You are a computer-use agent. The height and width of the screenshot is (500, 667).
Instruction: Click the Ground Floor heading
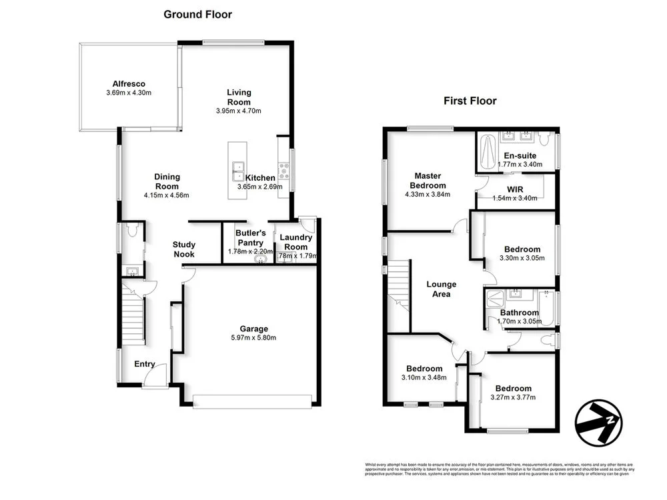[x=198, y=15]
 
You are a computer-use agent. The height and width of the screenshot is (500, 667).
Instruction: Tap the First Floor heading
[x=470, y=101]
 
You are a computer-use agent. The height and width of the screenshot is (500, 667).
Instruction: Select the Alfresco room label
[x=129, y=83]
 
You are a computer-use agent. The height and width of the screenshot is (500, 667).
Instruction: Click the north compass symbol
[x=599, y=422]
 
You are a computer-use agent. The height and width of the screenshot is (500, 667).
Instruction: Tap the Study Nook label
[x=183, y=249]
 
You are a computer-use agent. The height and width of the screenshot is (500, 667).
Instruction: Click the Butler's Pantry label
[x=251, y=237]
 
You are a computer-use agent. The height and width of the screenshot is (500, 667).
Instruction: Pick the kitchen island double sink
[x=237, y=171]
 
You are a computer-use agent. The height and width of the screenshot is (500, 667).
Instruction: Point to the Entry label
[x=145, y=364]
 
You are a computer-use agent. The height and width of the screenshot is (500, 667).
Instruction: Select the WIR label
[x=515, y=189]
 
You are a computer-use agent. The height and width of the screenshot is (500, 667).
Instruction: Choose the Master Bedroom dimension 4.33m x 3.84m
[x=428, y=195]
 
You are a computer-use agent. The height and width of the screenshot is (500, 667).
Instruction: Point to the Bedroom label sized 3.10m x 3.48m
[x=424, y=369]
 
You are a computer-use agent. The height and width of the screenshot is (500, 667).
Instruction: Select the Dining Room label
[x=167, y=177]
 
